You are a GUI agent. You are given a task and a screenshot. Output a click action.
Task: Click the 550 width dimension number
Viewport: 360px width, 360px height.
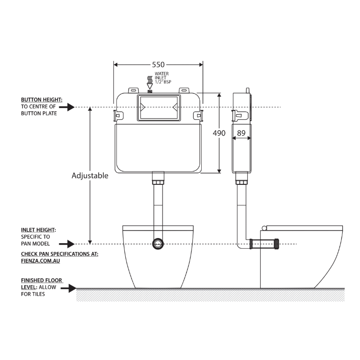click(158, 65)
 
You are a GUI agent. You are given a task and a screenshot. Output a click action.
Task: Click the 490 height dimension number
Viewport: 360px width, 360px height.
click(219, 133)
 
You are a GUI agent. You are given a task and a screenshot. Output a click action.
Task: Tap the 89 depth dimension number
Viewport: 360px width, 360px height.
click(242, 133)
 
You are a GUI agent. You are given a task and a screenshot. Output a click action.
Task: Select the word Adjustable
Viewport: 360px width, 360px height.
click(90, 176)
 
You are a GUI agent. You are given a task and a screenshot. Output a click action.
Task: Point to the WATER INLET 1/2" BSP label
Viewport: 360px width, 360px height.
click(162, 77)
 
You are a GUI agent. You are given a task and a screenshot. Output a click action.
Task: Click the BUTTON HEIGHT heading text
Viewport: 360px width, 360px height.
click(41, 100)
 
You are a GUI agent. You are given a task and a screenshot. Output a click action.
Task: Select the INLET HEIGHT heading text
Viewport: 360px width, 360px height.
click(39, 230)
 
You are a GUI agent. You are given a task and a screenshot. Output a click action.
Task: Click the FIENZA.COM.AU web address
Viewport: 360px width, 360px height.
click(41, 261)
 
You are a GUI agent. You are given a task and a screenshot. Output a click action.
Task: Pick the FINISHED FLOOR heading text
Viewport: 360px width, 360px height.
click(42, 281)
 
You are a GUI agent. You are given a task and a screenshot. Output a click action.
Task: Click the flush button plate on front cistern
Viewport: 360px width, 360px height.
click(158, 108)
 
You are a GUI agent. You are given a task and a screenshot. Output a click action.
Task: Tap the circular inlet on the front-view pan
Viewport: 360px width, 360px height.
click(158, 244)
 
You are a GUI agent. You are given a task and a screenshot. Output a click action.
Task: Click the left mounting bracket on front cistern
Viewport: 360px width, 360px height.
click(118, 114)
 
